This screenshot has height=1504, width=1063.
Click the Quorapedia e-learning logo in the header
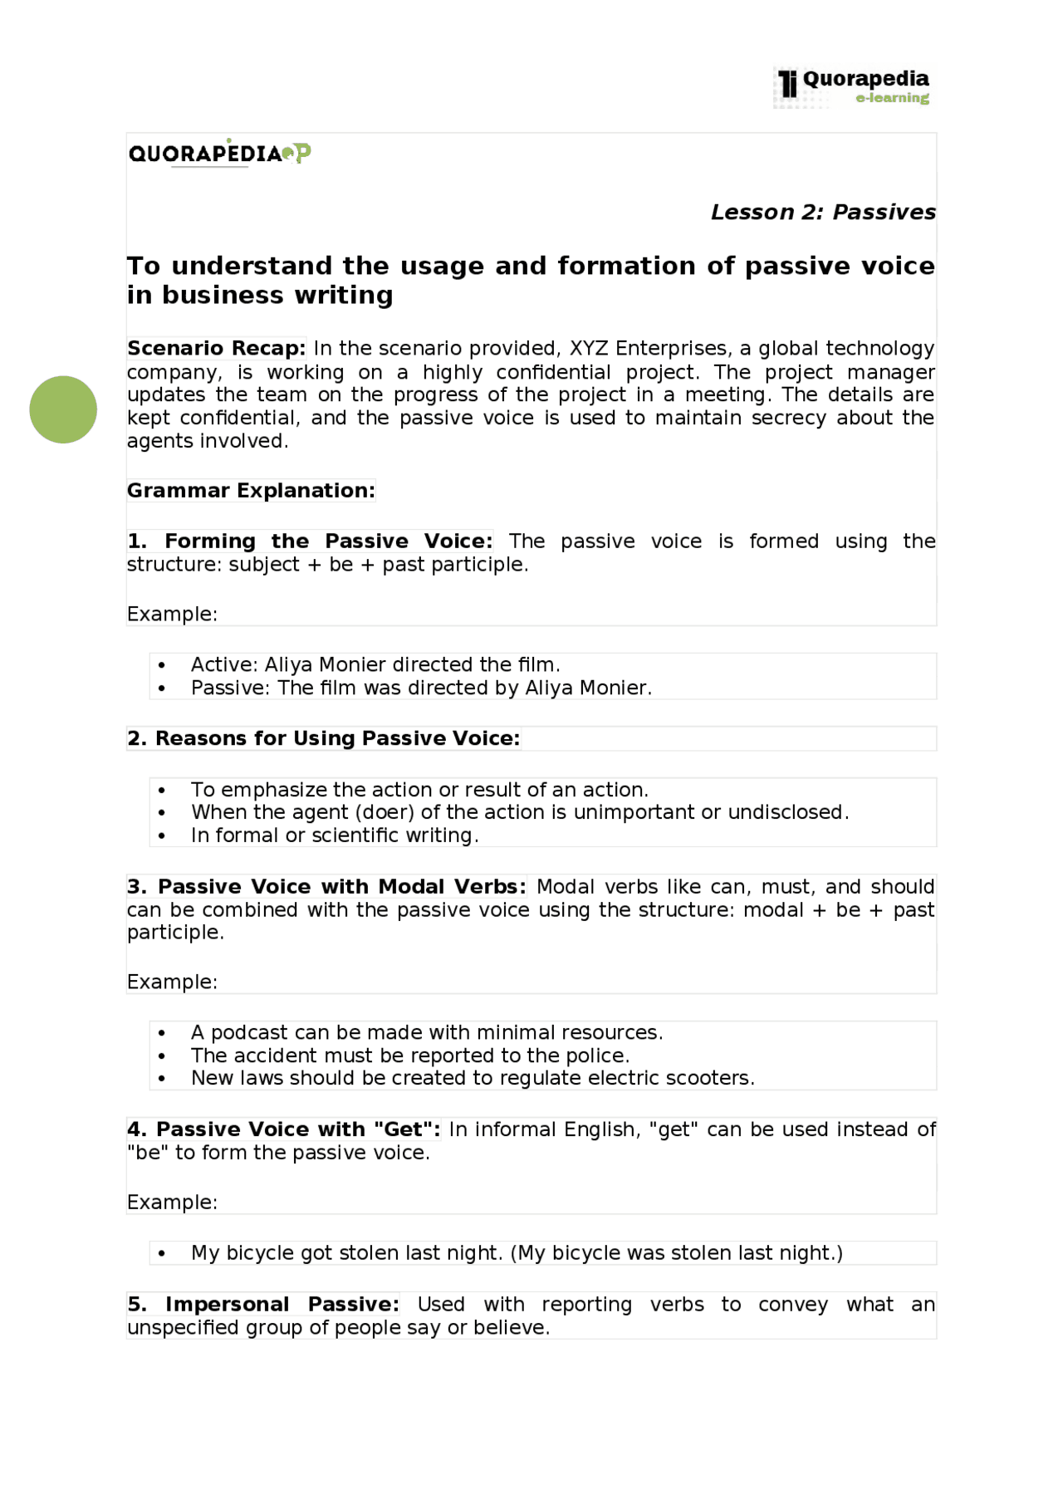point(854,87)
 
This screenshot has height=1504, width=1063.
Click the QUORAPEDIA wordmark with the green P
point(219,154)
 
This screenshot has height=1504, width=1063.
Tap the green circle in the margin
point(63,409)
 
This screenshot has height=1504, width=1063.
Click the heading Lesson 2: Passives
point(822,213)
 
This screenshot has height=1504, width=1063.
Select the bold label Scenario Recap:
point(216,348)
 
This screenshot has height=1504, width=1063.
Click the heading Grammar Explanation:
point(250,491)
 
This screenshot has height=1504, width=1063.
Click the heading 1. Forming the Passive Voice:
point(310,541)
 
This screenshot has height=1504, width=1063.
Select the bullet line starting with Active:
point(375,664)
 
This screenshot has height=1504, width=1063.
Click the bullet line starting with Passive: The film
point(421,688)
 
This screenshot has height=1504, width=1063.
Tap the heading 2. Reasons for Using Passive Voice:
point(323,738)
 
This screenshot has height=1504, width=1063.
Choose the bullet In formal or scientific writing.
point(335,835)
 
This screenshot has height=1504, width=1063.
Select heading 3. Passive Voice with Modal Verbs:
point(326,887)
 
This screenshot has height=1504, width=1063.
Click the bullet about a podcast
point(427,1032)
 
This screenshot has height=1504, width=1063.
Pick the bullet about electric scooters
point(473,1078)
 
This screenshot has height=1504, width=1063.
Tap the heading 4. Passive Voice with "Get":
point(283,1129)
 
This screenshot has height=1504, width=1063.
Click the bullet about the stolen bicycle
point(517,1252)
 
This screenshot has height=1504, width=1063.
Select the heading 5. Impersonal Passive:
point(263,1305)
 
